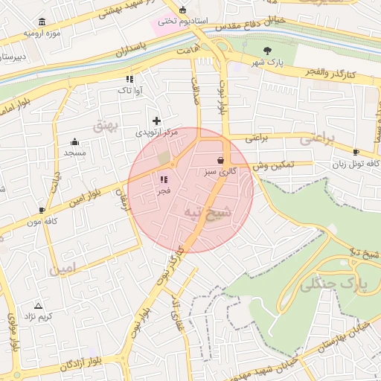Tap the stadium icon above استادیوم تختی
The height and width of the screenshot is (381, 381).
(x=183, y=10)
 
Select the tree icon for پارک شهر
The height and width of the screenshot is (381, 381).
(x=267, y=51)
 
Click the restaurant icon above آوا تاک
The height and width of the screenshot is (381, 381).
(x=129, y=78)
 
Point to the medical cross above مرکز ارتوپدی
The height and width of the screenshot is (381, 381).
(x=156, y=121)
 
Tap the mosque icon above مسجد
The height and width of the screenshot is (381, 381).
(x=74, y=142)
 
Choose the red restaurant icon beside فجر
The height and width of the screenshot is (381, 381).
(x=164, y=179)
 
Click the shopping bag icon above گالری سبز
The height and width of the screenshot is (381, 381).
(x=220, y=160)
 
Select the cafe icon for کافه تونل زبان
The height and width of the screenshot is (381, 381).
(x=356, y=152)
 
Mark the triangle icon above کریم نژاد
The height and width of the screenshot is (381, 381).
(x=39, y=306)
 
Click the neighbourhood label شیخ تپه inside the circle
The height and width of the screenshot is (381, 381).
(x=208, y=214)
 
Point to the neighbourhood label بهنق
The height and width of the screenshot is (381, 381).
(x=106, y=126)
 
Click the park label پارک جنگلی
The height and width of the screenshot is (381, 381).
(x=331, y=283)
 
